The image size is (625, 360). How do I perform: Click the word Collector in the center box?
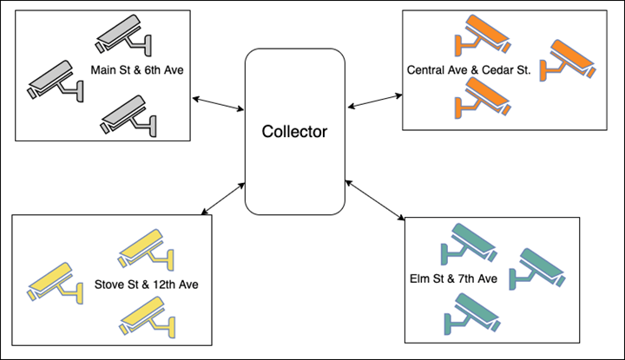click(x=294, y=132)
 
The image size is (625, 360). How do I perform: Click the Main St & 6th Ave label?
click(x=137, y=70)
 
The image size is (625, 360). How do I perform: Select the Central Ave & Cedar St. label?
click(x=469, y=70)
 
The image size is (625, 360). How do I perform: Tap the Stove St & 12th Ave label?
click(x=147, y=285)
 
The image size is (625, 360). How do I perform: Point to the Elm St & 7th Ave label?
click(x=454, y=278)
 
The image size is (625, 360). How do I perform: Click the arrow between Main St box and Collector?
click(x=218, y=103)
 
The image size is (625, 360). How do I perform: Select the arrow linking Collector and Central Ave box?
click(x=375, y=101)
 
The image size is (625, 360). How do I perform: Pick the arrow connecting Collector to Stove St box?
click(x=223, y=199)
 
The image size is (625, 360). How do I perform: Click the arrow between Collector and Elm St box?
click(x=375, y=200)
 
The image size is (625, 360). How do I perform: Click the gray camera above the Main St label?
click(x=123, y=36)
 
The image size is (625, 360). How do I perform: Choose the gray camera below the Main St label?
click(x=128, y=116)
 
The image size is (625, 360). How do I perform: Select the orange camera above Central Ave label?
click(x=483, y=36)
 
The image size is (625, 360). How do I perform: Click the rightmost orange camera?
click(x=568, y=61)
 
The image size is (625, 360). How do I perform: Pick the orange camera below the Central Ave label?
click(x=483, y=97)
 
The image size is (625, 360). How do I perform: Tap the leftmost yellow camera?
click(x=55, y=283)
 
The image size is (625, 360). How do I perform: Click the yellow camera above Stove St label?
click(x=146, y=250)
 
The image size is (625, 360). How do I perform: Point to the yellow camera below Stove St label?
click(x=148, y=317)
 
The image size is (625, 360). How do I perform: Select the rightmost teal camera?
click(x=537, y=269)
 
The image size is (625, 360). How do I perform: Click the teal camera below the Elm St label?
click(x=472, y=314)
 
